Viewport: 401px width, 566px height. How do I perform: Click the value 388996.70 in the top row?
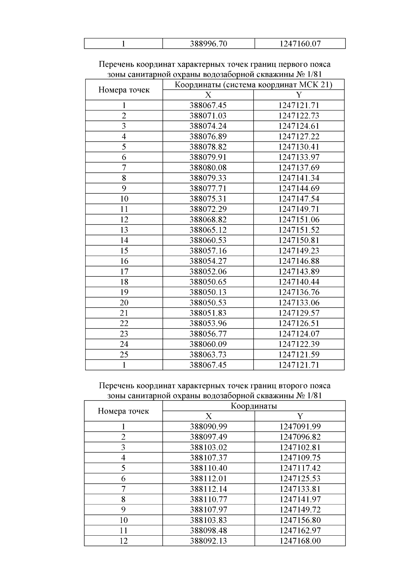[208, 44]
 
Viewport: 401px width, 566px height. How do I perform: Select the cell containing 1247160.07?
[300, 44]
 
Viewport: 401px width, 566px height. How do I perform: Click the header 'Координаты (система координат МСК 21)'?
[253, 85]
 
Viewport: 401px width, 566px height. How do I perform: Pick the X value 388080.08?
[208, 167]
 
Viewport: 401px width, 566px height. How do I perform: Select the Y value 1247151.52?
[299, 230]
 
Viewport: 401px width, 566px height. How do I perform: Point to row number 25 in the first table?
[124, 355]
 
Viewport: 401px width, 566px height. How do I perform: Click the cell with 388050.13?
[208, 292]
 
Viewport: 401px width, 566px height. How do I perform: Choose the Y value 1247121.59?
[299, 355]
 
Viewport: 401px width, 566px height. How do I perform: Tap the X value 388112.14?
[208, 489]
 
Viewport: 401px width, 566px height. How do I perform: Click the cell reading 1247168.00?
[300, 541]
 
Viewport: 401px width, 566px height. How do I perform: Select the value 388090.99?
[208, 427]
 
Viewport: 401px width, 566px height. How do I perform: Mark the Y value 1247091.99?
[300, 427]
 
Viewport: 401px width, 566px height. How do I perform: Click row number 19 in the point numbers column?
[124, 292]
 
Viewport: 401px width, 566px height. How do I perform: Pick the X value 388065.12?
[208, 230]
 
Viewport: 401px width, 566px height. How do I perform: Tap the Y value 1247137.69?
[299, 167]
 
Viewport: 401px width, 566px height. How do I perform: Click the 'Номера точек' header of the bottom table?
[123, 411]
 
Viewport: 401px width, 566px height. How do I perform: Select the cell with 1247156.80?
[300, 520]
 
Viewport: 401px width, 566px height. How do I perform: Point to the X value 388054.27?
[208, 261]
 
